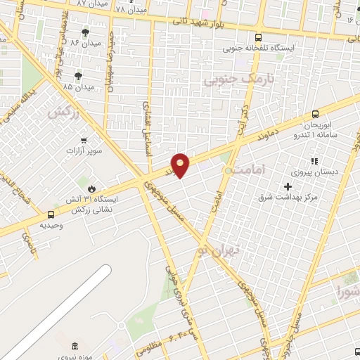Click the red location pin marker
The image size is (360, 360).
coord(181,165)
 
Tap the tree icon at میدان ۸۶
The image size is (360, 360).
coord(86,32)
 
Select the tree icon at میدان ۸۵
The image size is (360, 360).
coord(78,75)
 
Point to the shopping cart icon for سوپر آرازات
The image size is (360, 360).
coord(84,140)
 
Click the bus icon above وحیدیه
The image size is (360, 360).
coord(51,214)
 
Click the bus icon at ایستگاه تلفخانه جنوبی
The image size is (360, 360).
coord(259,37)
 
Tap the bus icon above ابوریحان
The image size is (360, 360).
coord(314,113)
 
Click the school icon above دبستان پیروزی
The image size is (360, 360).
coord(314,162)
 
